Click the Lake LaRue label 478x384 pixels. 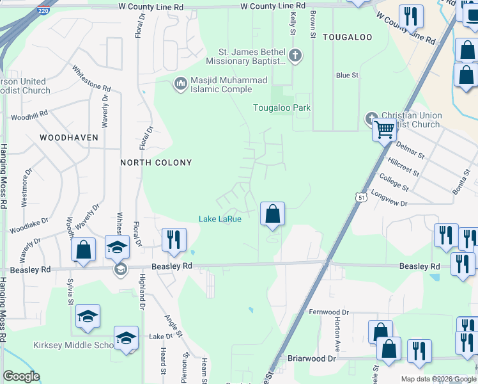tap(220, 219)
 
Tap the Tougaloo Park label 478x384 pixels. tap(282, 108)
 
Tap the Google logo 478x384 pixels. tap(21, 376)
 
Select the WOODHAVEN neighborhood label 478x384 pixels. tap(69, 138)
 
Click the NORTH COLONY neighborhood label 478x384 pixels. tap(157, 163)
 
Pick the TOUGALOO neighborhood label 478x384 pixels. tap(347, 37)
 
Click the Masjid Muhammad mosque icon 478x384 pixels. tap(180, 81)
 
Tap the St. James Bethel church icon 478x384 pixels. tap(295, 55)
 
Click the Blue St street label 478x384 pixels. tap(347, 75)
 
